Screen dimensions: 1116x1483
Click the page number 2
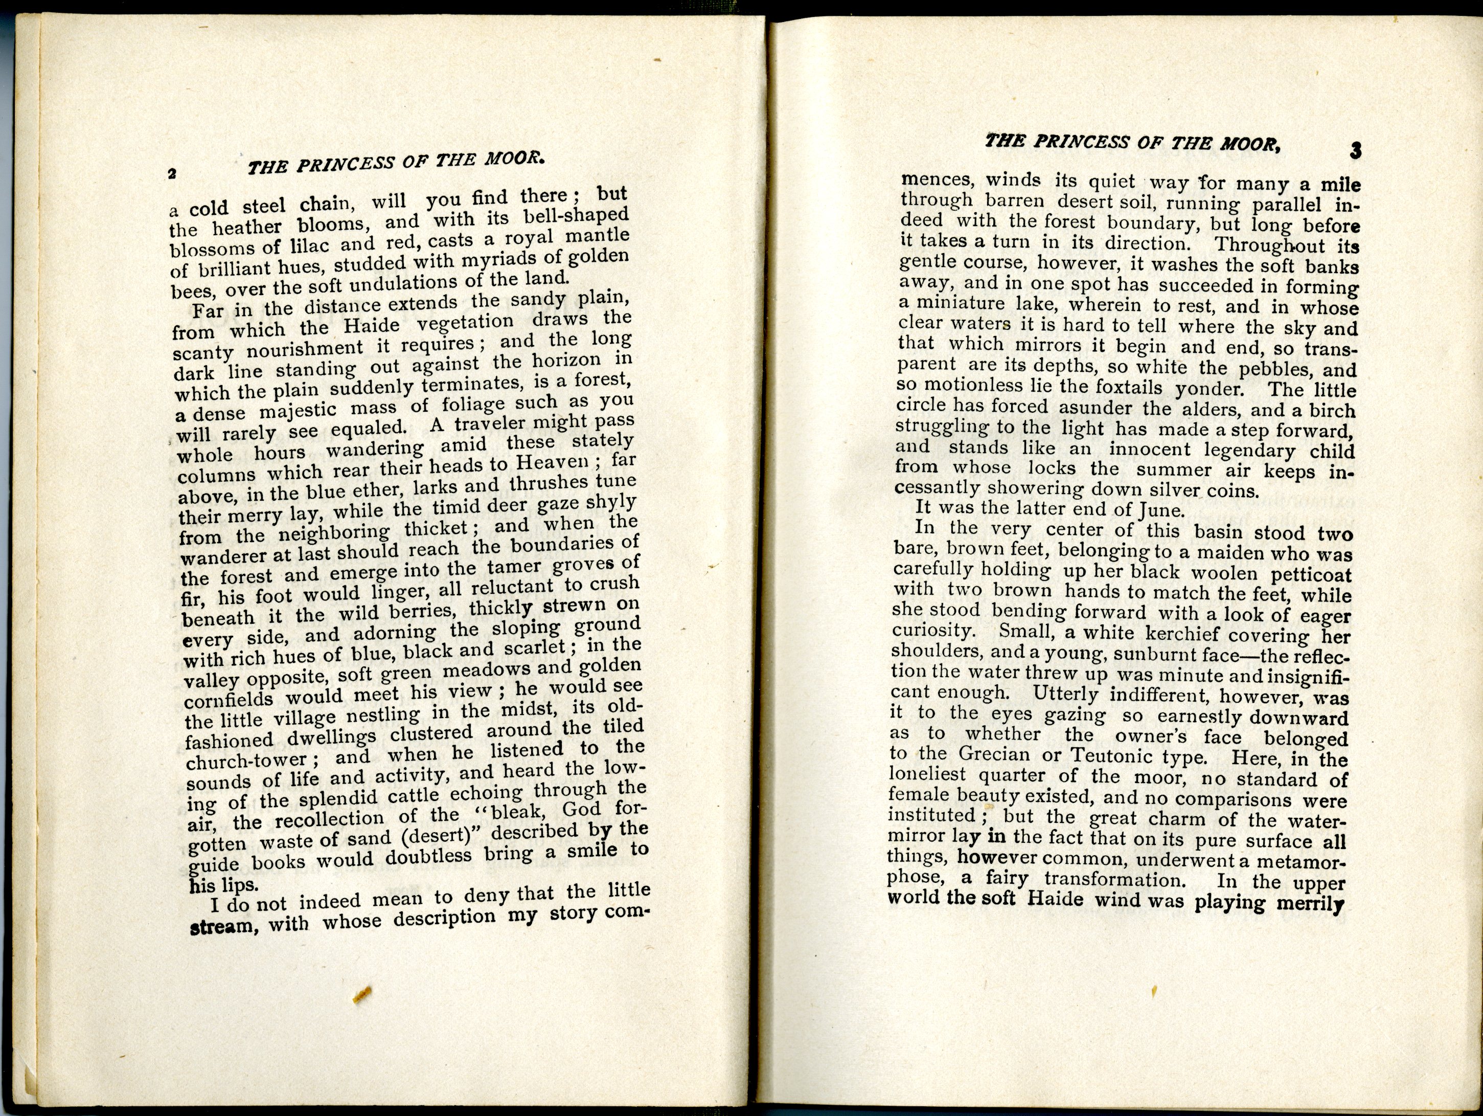(x=172, y=174)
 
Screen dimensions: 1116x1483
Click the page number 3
(x=1355, y=151)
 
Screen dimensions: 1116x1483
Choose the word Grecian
(x=995, y=754)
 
